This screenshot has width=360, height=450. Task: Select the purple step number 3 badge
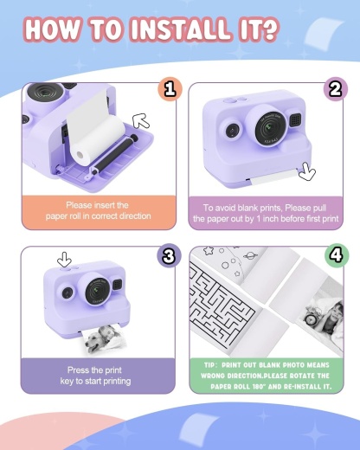click(170, 255)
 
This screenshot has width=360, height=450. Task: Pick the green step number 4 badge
click(335, 255)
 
